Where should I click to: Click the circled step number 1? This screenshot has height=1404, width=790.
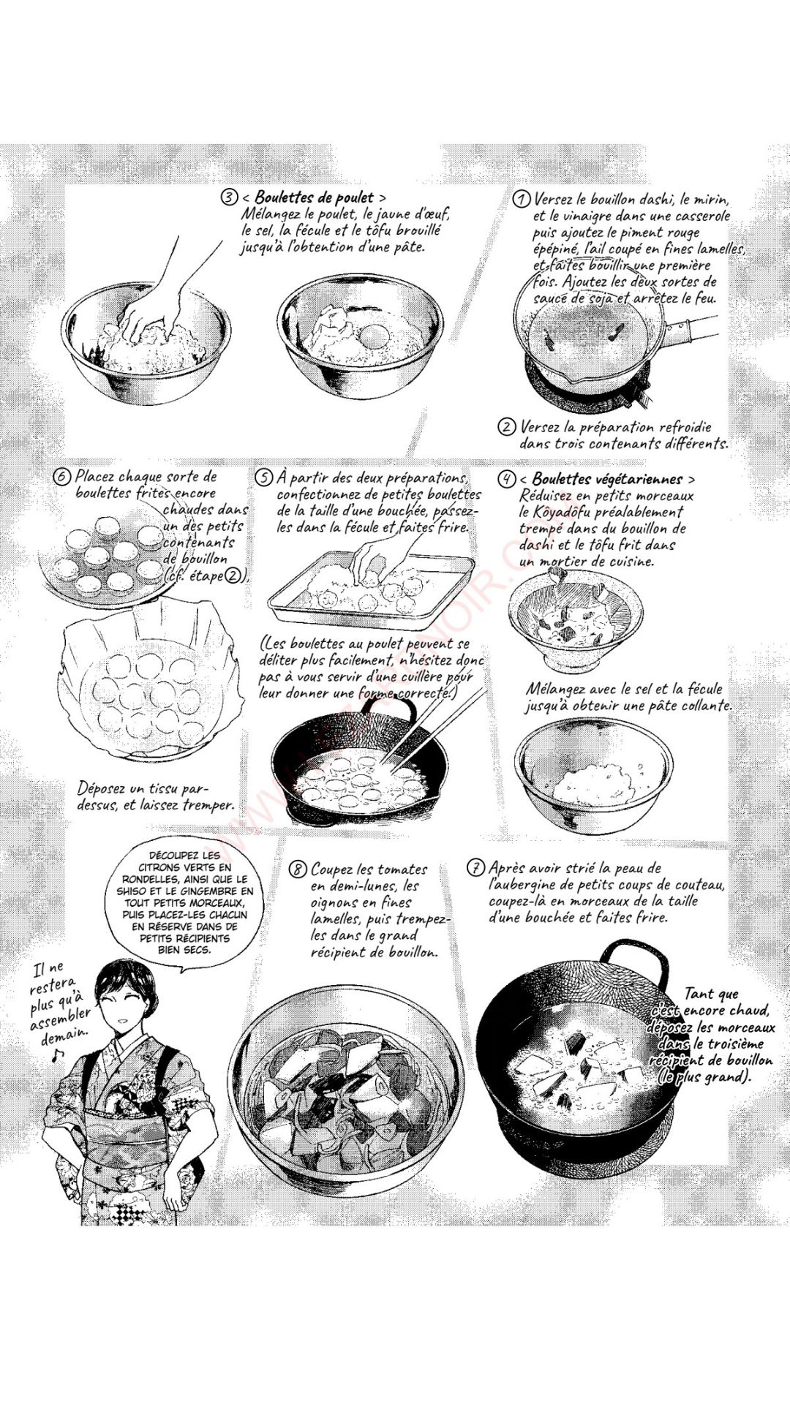[521, 199]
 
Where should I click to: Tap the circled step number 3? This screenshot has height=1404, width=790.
[230, 197]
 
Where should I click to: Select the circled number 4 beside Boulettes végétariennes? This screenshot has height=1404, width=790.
[506, 479]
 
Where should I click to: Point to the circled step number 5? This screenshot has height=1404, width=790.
[263, 478]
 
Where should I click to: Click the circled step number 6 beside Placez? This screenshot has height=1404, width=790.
[63, 477]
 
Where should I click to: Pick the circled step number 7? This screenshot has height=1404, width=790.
[476, 868]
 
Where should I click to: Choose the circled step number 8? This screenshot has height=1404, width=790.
[298, 869]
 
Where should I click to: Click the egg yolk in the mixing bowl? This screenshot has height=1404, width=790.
[375, 336]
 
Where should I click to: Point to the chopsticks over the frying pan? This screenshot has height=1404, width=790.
[432, 724]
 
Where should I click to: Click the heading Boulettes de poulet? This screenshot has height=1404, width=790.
[315, 197]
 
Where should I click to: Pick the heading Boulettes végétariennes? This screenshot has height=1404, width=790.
[607, 479]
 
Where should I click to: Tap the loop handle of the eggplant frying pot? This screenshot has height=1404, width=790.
[634, 958]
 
